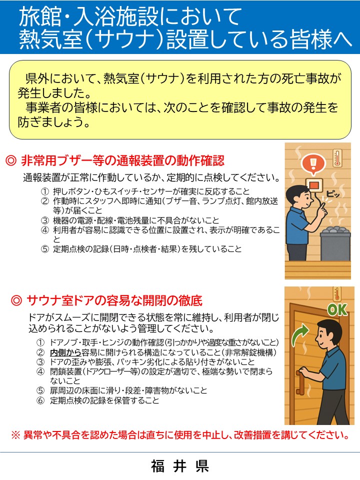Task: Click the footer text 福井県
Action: tap(180, 466)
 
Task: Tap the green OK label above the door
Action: tap(337, 309)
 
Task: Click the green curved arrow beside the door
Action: tap(300, 335)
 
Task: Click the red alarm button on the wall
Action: tap(314, 185)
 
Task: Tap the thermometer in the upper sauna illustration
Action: tap(337, 158)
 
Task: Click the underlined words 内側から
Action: tap(65, 352)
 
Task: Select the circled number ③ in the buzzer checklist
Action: tap(45, 220)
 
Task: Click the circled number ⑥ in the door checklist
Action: tap(40, 400)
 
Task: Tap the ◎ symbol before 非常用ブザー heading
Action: tap(11, 160)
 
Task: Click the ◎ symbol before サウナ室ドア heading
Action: tap(16, 300)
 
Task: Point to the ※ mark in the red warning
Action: tap(15, 435)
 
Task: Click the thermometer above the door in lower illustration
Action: tap(336, 294)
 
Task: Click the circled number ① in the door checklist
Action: tap(40, 342)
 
